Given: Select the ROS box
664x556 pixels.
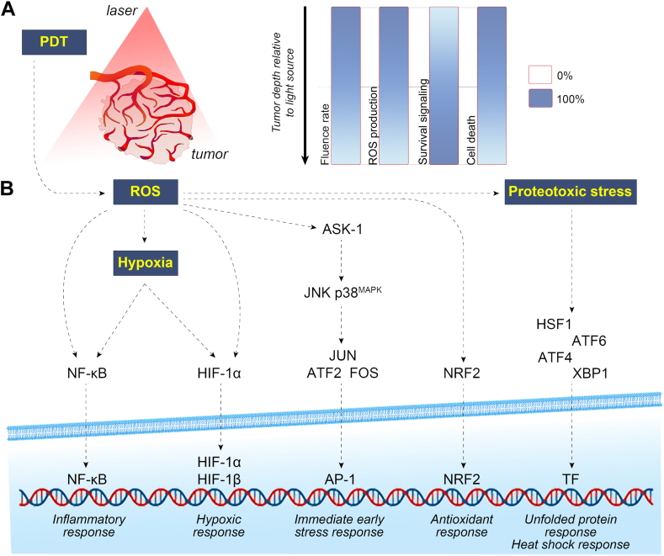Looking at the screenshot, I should click(144, 191).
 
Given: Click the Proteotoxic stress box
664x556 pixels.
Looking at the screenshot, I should click(569, 191).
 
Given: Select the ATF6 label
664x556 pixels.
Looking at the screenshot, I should click(589, 340).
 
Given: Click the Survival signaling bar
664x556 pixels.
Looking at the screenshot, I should click(444, 86).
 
